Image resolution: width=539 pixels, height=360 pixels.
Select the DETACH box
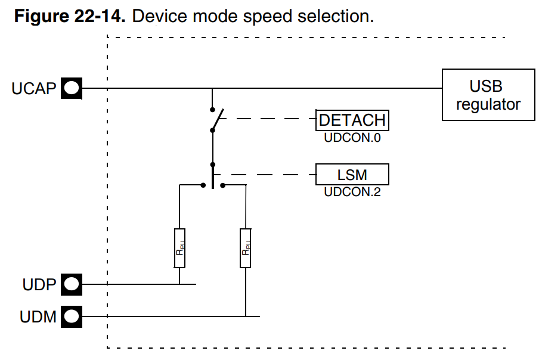pos(352,120)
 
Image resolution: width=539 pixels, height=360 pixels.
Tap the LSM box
pos(352,175)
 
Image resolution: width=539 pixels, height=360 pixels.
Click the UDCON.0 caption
pos(352,138)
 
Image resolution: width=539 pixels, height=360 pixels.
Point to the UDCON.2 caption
pos(352,192)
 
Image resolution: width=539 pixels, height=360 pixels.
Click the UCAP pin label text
pos(33,89)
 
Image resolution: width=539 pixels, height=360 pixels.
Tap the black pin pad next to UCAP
pos(71,89)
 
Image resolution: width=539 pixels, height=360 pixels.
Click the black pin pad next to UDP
pos(71,284)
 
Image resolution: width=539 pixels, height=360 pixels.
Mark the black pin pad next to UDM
pos(71,316)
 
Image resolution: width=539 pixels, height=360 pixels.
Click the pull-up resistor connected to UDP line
pos(179,248)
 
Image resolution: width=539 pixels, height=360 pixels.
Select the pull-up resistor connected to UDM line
pos(245,248)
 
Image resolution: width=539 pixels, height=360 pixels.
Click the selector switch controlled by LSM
pos(213,178)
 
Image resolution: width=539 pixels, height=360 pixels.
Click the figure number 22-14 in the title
pos(98,16)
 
